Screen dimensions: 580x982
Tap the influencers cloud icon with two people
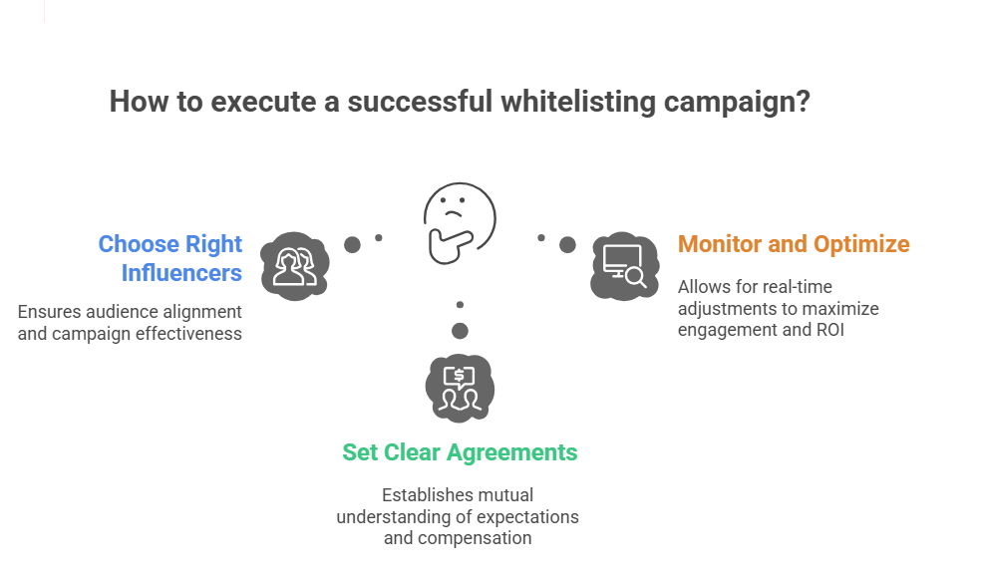[295, 264]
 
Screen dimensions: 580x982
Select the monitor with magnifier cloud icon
[624, 265]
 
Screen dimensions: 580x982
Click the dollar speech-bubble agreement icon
[460, 386]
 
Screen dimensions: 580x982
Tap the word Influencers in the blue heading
[181, 272]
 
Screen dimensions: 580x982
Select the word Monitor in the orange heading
[721, 244]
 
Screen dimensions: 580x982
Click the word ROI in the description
[828, 330]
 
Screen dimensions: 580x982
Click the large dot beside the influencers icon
[352, 244]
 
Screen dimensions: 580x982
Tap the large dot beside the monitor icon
[567, 244]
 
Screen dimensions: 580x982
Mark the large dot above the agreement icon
[460, 331]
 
